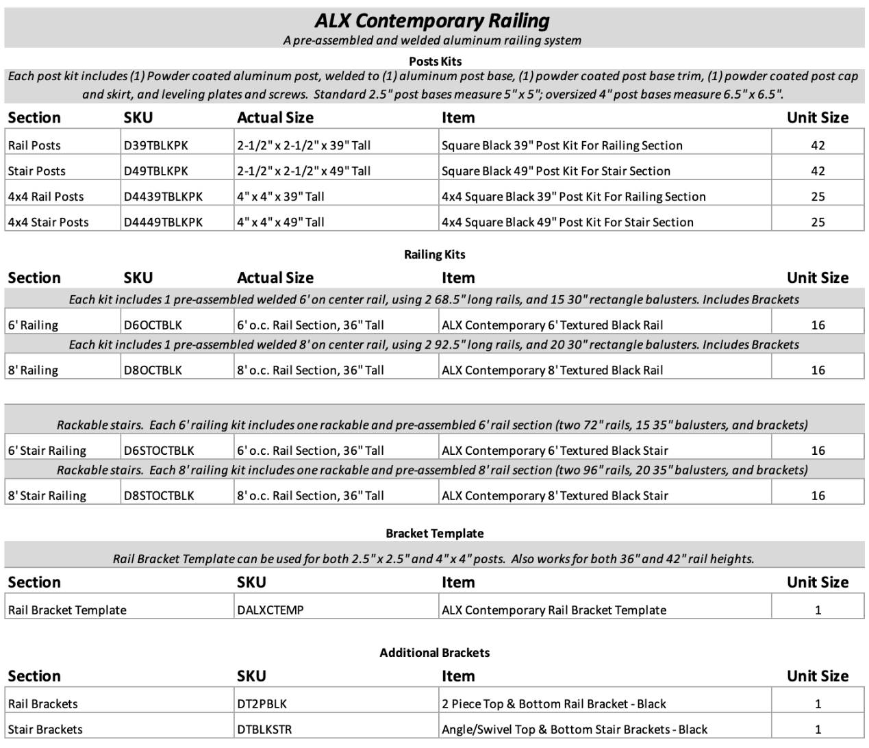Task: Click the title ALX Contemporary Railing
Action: click(432, 21)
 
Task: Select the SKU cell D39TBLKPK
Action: click(155, 145)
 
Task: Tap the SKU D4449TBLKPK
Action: click(163, 222)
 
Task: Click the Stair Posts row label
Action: click(36, 171)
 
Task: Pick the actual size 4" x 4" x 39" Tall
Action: click(280, 197)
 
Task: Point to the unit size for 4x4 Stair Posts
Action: click(818, 222)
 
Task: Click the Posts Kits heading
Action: click(435, 61)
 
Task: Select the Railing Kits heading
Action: click(434, 254)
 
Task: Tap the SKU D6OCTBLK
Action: click(153, 325)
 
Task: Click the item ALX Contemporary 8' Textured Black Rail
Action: click(552, 371)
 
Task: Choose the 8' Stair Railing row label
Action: click(47, 496)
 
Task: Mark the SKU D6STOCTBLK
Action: click(159, 451)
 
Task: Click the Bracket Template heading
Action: click(434, 534)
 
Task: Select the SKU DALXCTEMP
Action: click(270, 610)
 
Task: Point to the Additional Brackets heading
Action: click(434, 653)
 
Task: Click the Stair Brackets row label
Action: click(45, 730)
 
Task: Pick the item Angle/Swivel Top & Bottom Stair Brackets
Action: click(574, 730)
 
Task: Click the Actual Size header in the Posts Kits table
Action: click(275, 118)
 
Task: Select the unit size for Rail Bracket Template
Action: click(818, 610)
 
